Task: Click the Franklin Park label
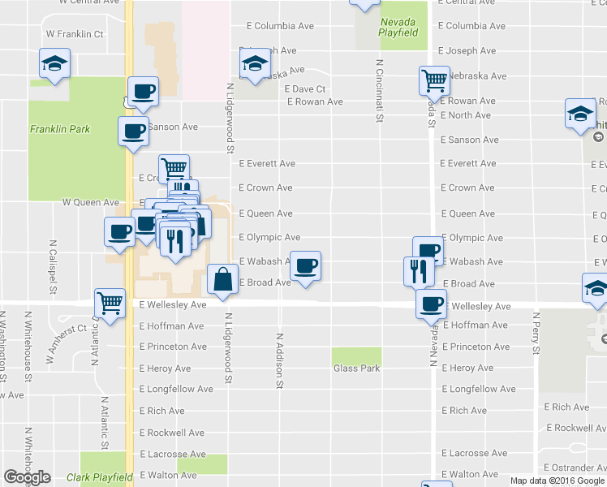point(59,129)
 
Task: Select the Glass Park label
point(356,368)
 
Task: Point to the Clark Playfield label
point(99,477)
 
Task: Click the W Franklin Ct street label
point(75,34)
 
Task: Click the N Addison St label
point(279,358)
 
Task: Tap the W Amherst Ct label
point(67,343)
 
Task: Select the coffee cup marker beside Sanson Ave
point(133,131)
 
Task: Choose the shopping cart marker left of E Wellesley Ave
point(110,303)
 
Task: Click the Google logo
point(27,477)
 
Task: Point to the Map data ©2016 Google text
point(557,481)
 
